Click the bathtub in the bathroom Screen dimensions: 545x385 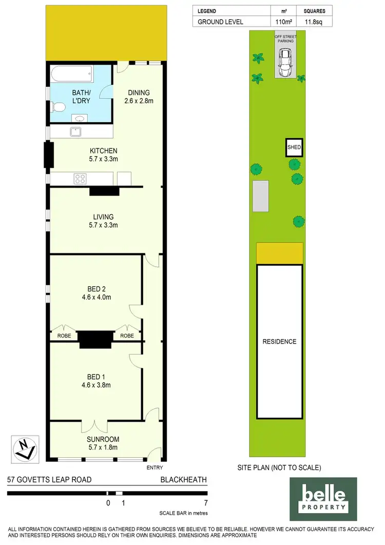72,76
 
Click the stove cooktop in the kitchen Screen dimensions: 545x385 81,179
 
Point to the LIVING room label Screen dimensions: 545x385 104,217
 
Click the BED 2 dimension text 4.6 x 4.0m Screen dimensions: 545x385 97,297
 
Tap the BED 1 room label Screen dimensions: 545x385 97,376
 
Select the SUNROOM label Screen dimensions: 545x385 104,439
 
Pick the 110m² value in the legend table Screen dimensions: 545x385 284,22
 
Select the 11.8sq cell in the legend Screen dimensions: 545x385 314,22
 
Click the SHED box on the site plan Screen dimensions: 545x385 294,147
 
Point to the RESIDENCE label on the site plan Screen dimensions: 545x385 279,342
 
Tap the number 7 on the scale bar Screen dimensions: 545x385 205,503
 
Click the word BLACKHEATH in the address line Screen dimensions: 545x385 183,480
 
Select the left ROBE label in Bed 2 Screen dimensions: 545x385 63,335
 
